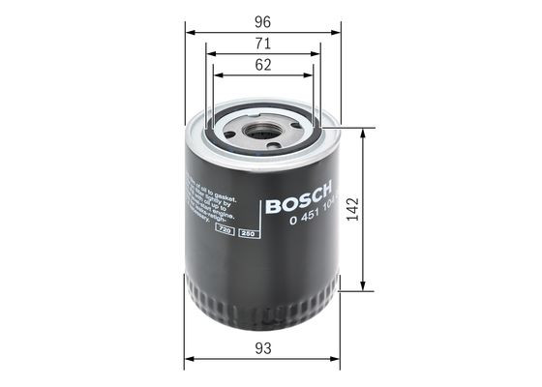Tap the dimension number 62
(263, 67)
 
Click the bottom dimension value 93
(262, 345)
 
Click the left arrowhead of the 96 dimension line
(188, 30)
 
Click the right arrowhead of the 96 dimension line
(338, 30)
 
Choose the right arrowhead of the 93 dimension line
(335, 359)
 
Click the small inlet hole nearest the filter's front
(274, 146)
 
